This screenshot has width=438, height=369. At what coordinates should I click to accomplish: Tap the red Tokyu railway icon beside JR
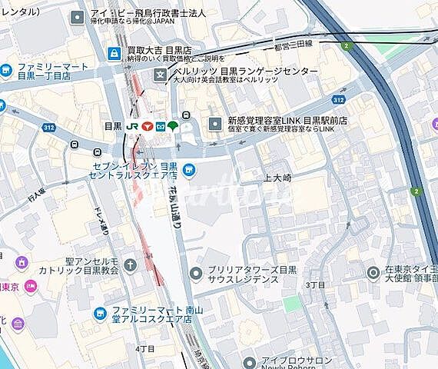pos(146,125)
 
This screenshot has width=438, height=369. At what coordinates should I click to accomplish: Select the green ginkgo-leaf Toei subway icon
pos(173,125)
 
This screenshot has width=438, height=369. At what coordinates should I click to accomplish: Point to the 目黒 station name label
pos(113,125)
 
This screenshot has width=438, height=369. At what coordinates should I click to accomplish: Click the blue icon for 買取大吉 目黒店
pos(114,53)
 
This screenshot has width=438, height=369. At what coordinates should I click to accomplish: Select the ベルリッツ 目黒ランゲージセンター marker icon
pos(160,75)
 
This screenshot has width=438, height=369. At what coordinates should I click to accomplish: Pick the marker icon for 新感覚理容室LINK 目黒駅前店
pos(214,125)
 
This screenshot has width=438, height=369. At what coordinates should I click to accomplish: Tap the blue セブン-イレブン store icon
pos(188,171)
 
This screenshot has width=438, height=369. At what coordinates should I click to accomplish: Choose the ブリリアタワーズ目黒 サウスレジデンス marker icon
pos(197,271)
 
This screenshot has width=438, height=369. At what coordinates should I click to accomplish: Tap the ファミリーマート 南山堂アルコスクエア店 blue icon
pos(99,313)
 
